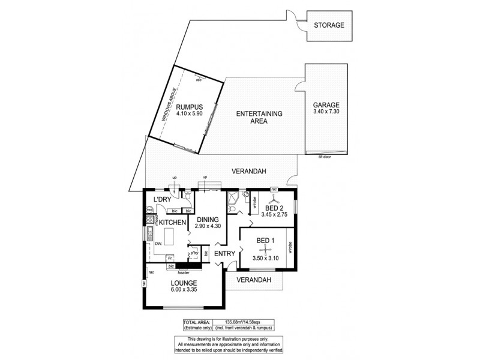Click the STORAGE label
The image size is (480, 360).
click(329, 25)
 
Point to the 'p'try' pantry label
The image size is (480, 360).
click(194, 254)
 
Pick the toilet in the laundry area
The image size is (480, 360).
click(188, 195)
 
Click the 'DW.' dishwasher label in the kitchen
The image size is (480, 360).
click(158, 244)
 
